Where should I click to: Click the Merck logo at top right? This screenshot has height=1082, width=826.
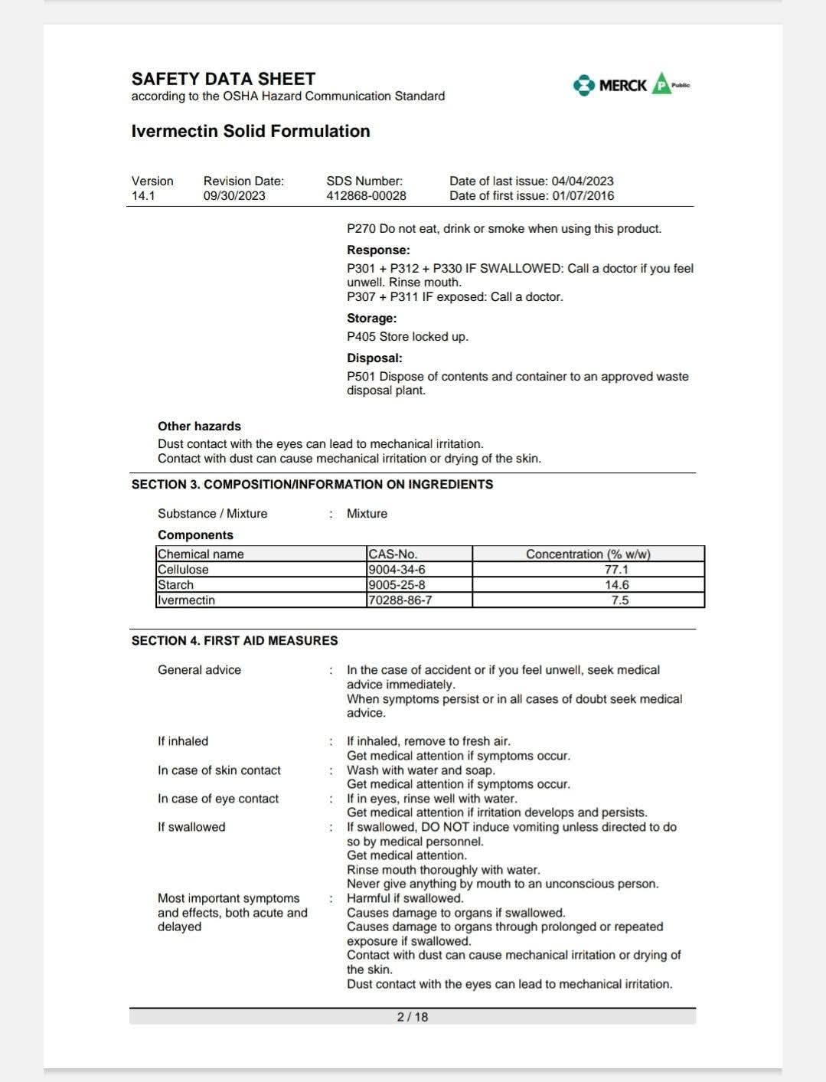pos(622,85)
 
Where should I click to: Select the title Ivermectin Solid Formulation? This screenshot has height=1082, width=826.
pos(250,131)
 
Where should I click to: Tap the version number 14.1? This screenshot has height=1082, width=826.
pos(143,195)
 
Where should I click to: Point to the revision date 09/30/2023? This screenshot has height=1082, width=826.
pos(234,195)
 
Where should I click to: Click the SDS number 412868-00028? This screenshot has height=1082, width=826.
pos(366,195)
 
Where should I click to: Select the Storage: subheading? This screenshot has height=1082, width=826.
pos(371,318)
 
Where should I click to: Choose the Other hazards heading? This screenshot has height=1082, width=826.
pos(199,426)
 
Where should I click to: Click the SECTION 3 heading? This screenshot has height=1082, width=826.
pos(312,484)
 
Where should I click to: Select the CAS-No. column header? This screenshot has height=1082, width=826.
pos(393,554)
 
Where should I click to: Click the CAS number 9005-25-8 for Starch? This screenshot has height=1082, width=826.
pos(397,584)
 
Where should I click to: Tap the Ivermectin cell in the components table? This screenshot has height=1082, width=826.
pos(186,600)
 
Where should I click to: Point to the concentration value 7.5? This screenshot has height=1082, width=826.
pos(619,600)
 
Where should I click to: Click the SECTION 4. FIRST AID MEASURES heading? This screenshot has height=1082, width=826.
pos(234,640)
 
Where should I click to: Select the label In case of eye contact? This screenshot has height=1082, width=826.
pos(218,798)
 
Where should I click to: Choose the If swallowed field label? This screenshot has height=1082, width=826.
pos(191,826)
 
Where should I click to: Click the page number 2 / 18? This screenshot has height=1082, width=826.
pos(413,1016)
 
